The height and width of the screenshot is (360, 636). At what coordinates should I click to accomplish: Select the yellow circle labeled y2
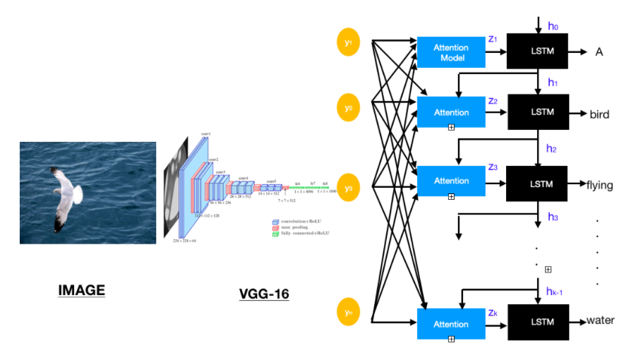(347, 109)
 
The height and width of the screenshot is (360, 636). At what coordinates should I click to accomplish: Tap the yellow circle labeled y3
(347, 188)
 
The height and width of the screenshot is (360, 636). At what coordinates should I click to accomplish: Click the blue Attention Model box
(450, 52)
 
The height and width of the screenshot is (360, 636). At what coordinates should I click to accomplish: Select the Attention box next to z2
(450, 112)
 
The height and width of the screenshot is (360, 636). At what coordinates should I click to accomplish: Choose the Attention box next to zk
(450, 324)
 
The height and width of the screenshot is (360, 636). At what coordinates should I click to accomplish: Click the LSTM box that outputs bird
(537, 112)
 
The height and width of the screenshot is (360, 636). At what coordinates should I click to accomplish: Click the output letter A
(599, 52)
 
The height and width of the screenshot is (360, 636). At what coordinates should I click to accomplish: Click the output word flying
(599, 186)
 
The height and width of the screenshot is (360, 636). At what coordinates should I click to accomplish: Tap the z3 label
(493, 167)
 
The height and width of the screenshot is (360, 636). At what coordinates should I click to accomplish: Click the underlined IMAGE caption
(81, 290)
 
